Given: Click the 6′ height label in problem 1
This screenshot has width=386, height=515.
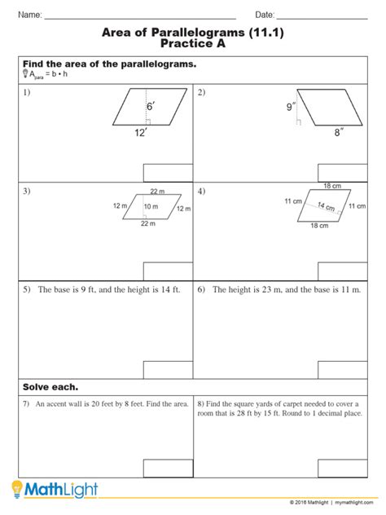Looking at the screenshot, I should pyautogui.click(x=150, y=107).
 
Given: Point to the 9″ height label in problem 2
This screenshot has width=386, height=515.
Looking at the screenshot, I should pyautogui.click(x=289, y=106).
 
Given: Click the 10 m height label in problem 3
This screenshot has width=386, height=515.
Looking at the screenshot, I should pyautogui.click(x=151, y=207).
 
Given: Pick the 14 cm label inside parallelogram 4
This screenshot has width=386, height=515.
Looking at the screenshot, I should pyautogui.click(x=326, y=205).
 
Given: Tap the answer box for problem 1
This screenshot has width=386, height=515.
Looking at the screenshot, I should pyautogui.click(x=167, y=173).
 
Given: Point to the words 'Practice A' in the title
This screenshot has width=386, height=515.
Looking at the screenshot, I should pyautogui.click(x=192, y=46).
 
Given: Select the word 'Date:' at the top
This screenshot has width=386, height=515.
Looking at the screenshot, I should pyautogui.click(x=265, y=15).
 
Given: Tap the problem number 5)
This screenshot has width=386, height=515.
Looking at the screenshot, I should pyautogui.click(x=27, y=289).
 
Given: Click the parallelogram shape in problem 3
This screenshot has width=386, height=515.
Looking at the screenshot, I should pyautogui.click(x=151, y=208).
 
